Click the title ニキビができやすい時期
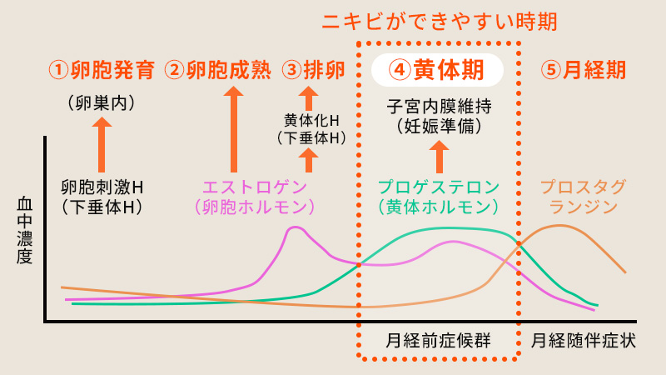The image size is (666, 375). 440,22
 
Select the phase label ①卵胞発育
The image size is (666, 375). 102,70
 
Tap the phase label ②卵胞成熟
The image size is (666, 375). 217,70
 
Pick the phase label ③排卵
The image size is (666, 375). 314,70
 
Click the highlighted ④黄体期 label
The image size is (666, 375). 437,70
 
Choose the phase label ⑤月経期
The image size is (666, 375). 584,70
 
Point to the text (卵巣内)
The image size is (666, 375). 102,103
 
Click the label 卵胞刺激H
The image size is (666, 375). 102,187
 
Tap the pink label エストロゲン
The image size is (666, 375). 255,187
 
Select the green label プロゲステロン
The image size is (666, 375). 439,187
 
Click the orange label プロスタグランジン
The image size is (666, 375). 584,197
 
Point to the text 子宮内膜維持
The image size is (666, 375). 440,107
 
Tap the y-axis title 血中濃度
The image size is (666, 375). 24,230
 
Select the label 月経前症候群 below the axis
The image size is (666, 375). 439,341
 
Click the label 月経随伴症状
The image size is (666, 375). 584,341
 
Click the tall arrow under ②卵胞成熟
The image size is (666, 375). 234,129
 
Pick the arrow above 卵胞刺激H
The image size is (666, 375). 102,144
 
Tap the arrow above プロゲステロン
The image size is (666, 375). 440,157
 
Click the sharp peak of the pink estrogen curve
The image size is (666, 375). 296,227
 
